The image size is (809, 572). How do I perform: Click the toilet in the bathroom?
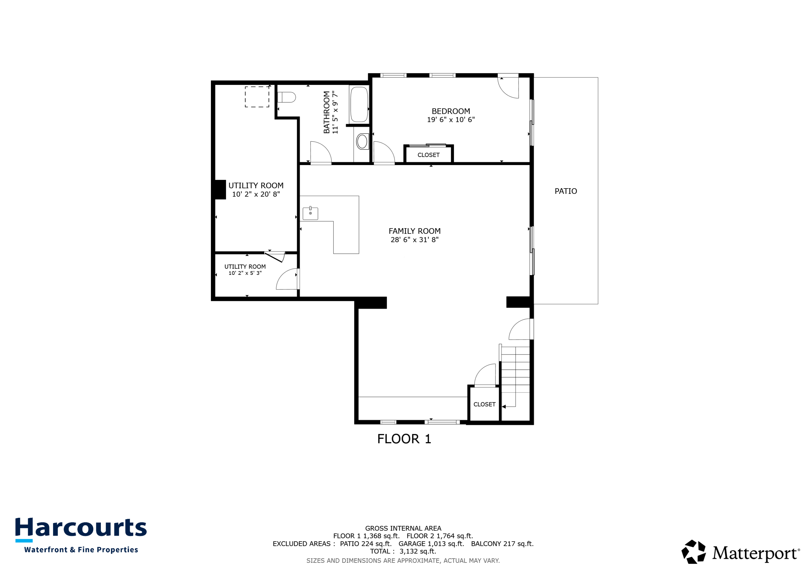(x=287, y=97)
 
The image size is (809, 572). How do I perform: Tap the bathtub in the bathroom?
(x=359, y=104)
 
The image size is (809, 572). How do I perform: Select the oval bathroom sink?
(x=362, y=142)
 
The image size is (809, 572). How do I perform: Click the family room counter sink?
(x=310, y=214)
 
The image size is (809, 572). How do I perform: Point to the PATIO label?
(x=565, y=191)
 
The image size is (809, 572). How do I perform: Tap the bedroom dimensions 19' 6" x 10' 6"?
(x=451, y=120)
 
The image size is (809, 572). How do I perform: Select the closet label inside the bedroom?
(x=429, y=155)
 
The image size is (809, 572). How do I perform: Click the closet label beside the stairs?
(x=484, y=405)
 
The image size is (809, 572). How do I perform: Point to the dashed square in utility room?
(x=257, y=97)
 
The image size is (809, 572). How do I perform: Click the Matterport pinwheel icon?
(x=693, y=552)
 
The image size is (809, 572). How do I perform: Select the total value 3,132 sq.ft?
(x=417, y=552)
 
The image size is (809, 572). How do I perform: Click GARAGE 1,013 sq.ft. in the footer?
(x=431, y=544)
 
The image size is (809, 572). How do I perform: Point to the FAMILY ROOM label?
(x=414, y=231)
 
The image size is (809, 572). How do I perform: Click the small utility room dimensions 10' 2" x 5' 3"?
(x=245, y=273)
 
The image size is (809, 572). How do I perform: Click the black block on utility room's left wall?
(x=220, y=190)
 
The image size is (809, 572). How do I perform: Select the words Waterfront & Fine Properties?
(x=81, y=550)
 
